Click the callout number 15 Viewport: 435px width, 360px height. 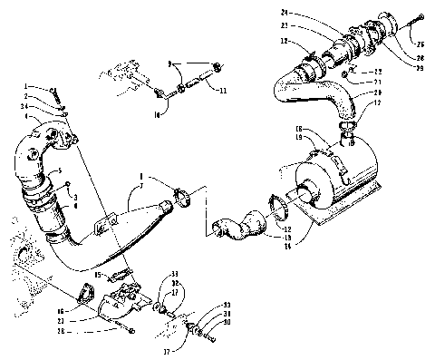point(100,271)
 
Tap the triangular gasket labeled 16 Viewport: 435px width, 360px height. point(85,291)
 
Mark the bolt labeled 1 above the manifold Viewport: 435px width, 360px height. point(56,90)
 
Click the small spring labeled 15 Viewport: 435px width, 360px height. point(120,271)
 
